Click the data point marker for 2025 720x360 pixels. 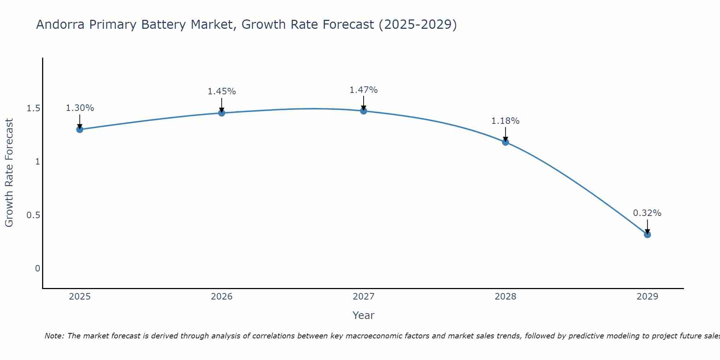(80, 129)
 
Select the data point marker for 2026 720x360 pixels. (221, 113)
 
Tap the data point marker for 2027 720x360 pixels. (364, 111)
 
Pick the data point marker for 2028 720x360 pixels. (505, 142)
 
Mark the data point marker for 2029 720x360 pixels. (647, 234)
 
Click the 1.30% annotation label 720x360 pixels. (80, 108)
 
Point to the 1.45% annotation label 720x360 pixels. (222, 91)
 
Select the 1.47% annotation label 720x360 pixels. (364, 90)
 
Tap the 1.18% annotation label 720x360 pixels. (505, 121)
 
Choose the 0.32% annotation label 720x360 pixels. (647, 213)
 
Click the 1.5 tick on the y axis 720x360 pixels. (33, 108)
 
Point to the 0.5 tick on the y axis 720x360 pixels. (33, 215)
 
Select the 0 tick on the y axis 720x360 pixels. (37, 268)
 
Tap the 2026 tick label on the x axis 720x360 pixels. (221, 297)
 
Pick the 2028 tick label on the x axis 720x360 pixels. (505, 297)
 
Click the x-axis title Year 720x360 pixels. (364, 315)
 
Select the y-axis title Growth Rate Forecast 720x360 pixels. (9, 173)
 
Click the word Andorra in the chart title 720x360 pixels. (60, 24)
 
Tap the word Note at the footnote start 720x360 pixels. (54, 336)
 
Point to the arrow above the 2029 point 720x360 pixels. (647, 227)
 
